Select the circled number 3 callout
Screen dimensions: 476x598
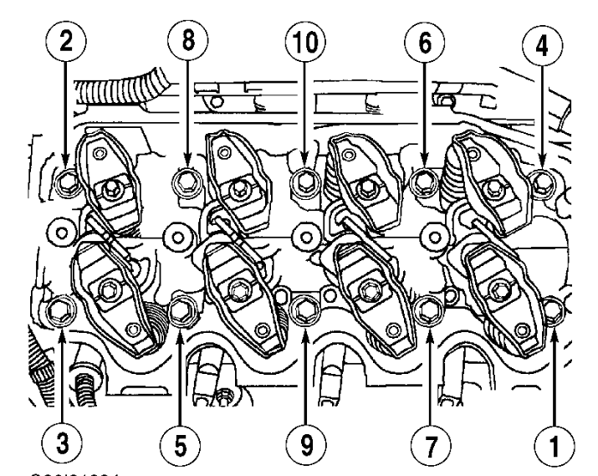pos(64,438)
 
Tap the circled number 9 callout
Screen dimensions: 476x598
pos(305,438)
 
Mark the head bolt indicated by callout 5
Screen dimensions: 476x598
pos(181,312)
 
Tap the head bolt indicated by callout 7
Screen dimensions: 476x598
pos(428,310)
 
